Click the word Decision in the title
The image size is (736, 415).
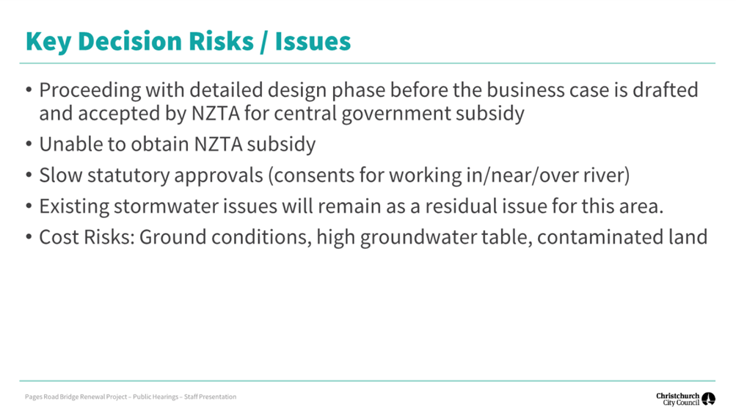131,41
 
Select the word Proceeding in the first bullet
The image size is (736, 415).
90,90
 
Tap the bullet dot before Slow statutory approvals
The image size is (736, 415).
29,176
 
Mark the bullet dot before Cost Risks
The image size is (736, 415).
29,237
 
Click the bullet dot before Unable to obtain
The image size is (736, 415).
29,144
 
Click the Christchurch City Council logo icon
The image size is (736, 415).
708,399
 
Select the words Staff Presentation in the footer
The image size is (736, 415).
210,397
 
